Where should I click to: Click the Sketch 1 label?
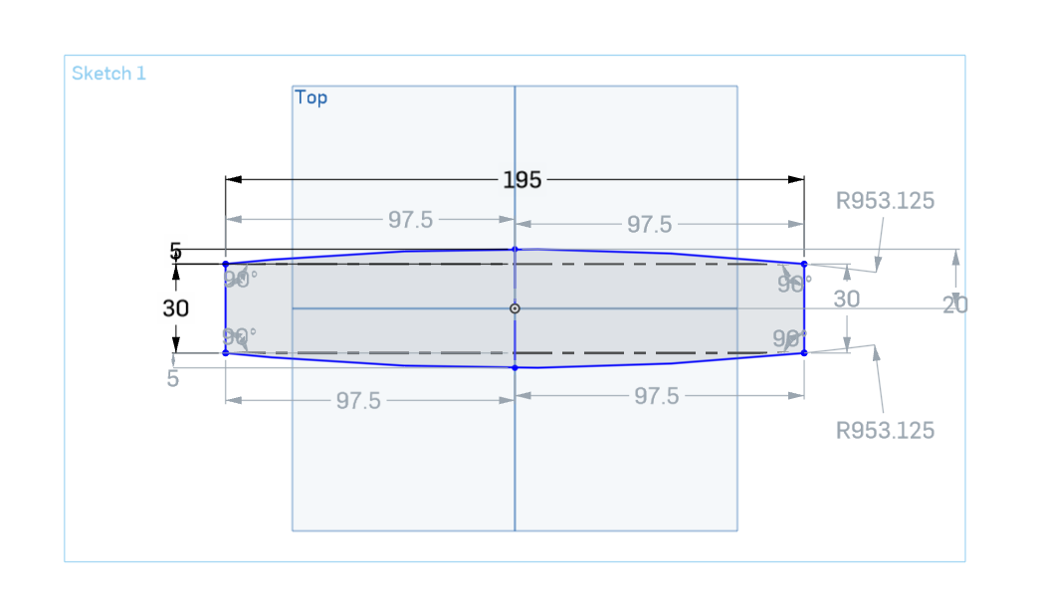108,74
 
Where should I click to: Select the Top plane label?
311,98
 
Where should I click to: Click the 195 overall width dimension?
521,180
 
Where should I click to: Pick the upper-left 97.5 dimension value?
410,220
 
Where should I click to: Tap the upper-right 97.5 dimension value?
650,225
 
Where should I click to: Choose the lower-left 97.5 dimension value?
357,400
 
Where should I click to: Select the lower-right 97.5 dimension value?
656,396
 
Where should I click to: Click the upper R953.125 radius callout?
885,201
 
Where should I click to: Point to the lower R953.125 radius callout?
885,430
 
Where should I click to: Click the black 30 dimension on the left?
175,309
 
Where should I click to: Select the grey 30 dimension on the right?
846,299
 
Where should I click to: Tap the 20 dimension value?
954,305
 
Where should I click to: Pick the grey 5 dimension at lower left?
173,379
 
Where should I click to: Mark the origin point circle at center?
515,308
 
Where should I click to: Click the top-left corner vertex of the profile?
226,264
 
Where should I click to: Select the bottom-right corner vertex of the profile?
804,352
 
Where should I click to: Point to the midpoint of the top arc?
515,249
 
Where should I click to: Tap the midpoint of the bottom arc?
515,368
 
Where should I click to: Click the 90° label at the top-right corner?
794,284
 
